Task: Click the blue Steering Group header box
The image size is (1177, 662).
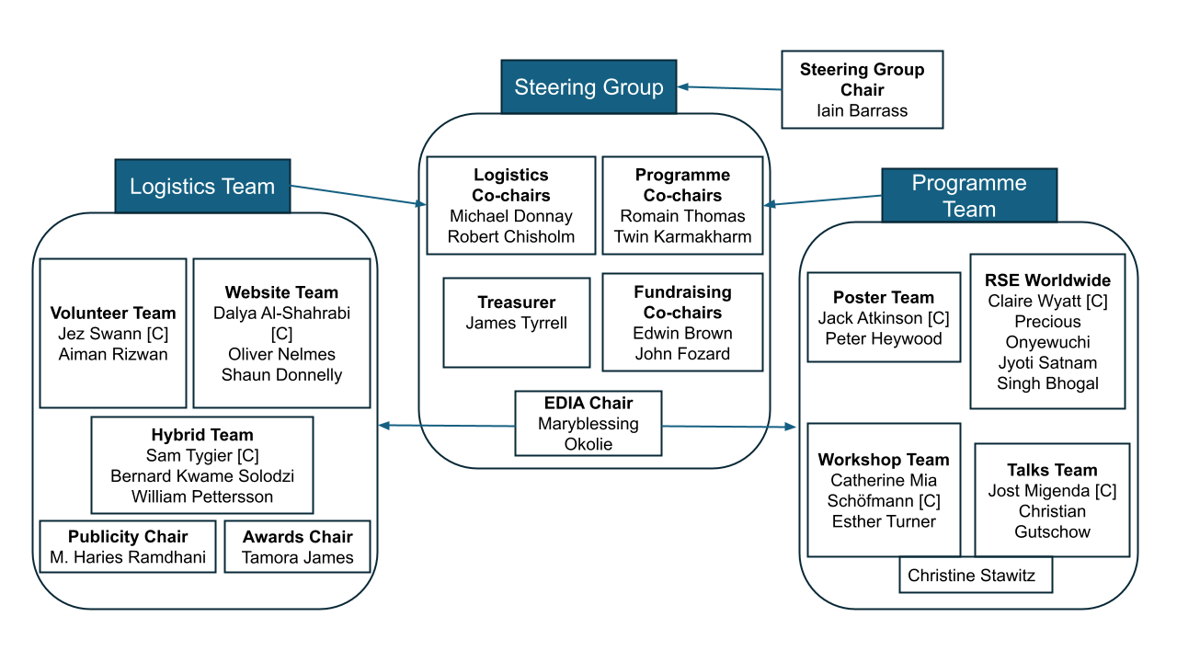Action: pyautogui.click(x=588, y=87)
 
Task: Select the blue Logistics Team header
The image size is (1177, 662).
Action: pyautogui.click(x=202, y=187)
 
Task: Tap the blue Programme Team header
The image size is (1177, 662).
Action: pyautogui.click(x=968, y=195)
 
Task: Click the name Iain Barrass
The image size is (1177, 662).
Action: pyautogui.click(x=862, y=111)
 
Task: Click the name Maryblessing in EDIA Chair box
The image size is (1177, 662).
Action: pyautogui.click(x=588, y=424)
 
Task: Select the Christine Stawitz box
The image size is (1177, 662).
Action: pyautogui.click(x=972, y=576)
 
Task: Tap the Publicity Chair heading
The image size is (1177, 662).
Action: pyautogui.click(x=128, y=537)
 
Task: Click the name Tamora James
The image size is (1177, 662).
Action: pyautogui.click(x=298, y=557)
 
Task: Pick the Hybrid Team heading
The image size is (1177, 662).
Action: pyautogui.click(x=202, y=435)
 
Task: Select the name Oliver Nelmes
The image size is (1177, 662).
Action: pyautogui.click(x=282, y=354)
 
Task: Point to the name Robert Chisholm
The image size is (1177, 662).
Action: pyautogui.click(x=511, y=236)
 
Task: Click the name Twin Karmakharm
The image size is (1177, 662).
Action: pyautogui.click(x=683, y=236)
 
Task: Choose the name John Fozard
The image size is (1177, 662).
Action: pyautogui.click(x=682, y=353)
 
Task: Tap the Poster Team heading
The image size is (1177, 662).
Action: pyautogui.click(x=884, y=297)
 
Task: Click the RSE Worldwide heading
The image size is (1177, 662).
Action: pyautogui.click(x=1047, y=280)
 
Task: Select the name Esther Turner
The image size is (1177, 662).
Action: pyautogui.click(x=884, y=521)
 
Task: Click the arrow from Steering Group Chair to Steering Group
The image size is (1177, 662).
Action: pyautogui.click(x=729, y=88)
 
